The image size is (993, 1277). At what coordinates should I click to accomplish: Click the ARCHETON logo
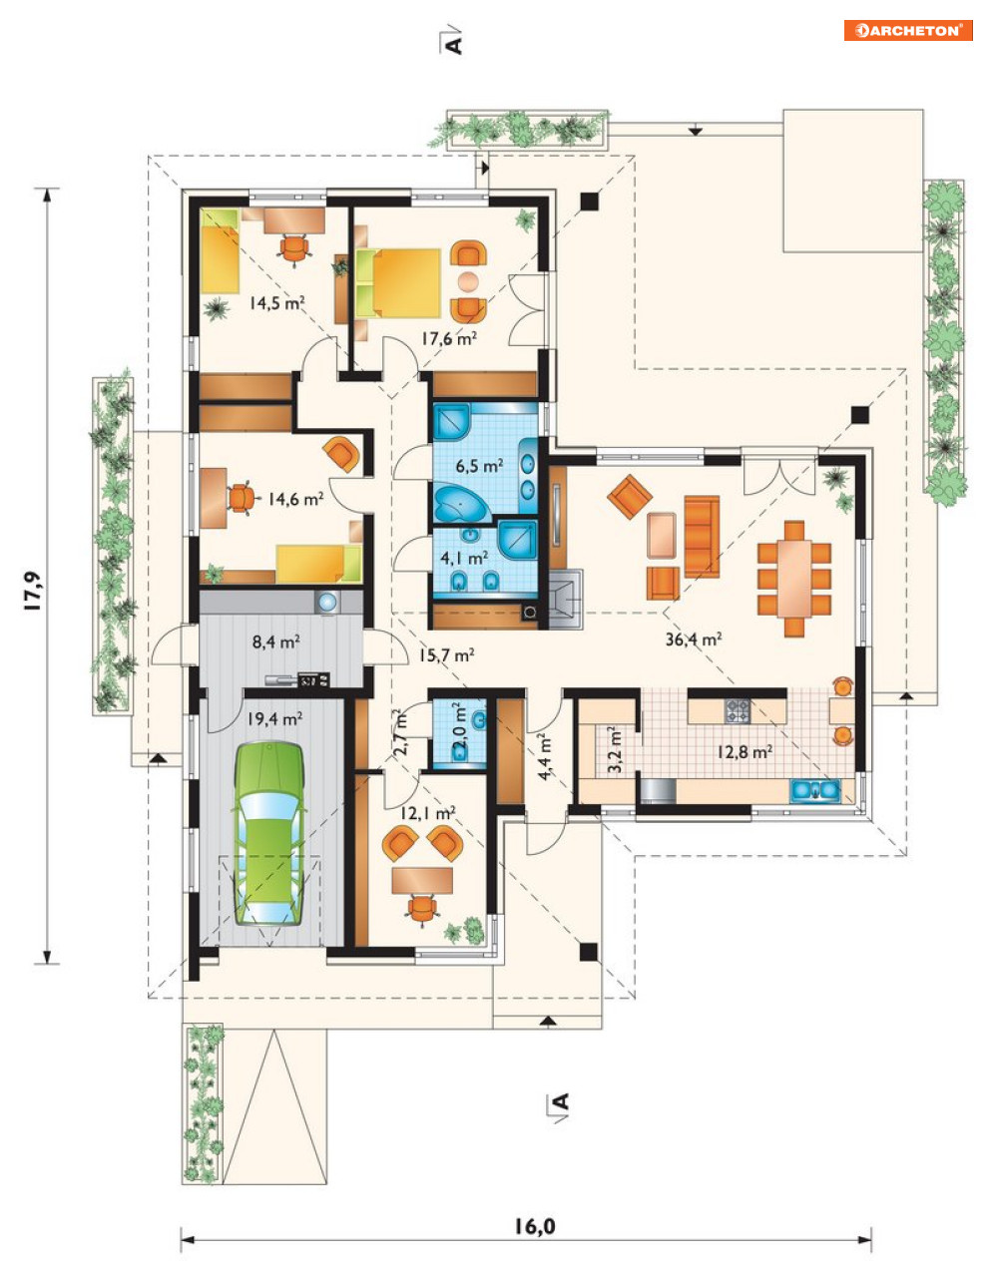(908, 30)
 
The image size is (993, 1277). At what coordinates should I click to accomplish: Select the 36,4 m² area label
(694, 638)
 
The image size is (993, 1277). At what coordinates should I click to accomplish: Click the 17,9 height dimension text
(33, 591)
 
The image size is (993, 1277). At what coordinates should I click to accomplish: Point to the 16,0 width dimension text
(535, 1226)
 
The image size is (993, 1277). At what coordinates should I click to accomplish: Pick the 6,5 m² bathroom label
(479, 466)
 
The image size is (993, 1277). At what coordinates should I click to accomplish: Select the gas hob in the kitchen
(738, 710)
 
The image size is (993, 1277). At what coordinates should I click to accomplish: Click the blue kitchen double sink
(815, 790)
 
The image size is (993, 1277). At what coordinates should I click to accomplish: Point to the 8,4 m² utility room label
(276, 641)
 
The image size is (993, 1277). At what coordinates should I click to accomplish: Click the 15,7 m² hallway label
(447, 654)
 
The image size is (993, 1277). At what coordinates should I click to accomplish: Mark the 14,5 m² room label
(276, 303)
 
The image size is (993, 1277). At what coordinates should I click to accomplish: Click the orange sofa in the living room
(702, 536)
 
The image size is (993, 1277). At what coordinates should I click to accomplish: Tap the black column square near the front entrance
(589, 952)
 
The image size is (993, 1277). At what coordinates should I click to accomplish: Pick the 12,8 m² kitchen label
(744, 751)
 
